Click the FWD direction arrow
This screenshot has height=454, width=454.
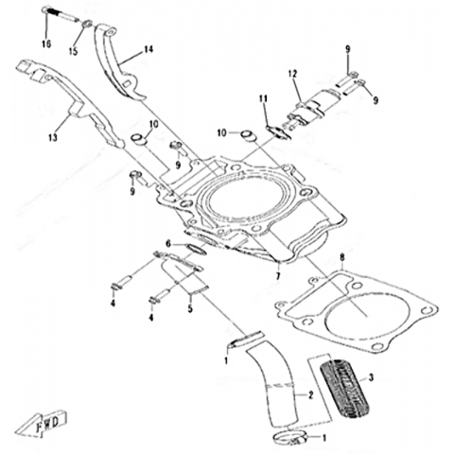(42, 425)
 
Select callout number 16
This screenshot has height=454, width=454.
(46, 44)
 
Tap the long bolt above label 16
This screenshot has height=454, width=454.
(61, 15)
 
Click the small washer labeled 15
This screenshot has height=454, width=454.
(88, 24)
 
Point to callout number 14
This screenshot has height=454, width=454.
(148, 49)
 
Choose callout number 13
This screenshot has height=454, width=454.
(53, 137)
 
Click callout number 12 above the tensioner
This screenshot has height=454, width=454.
(292, 74)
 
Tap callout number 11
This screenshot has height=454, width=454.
(263, 98)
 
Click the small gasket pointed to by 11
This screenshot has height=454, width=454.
(279, 132)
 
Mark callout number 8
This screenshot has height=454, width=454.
(342, 258)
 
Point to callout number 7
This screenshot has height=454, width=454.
(278, 276)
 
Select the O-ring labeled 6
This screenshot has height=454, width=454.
(197, 249)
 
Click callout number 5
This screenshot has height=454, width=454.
(190, 308)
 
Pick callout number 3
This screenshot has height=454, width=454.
(371, 377)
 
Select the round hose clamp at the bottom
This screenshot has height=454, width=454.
(290, 438)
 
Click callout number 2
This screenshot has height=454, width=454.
(310, 394)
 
